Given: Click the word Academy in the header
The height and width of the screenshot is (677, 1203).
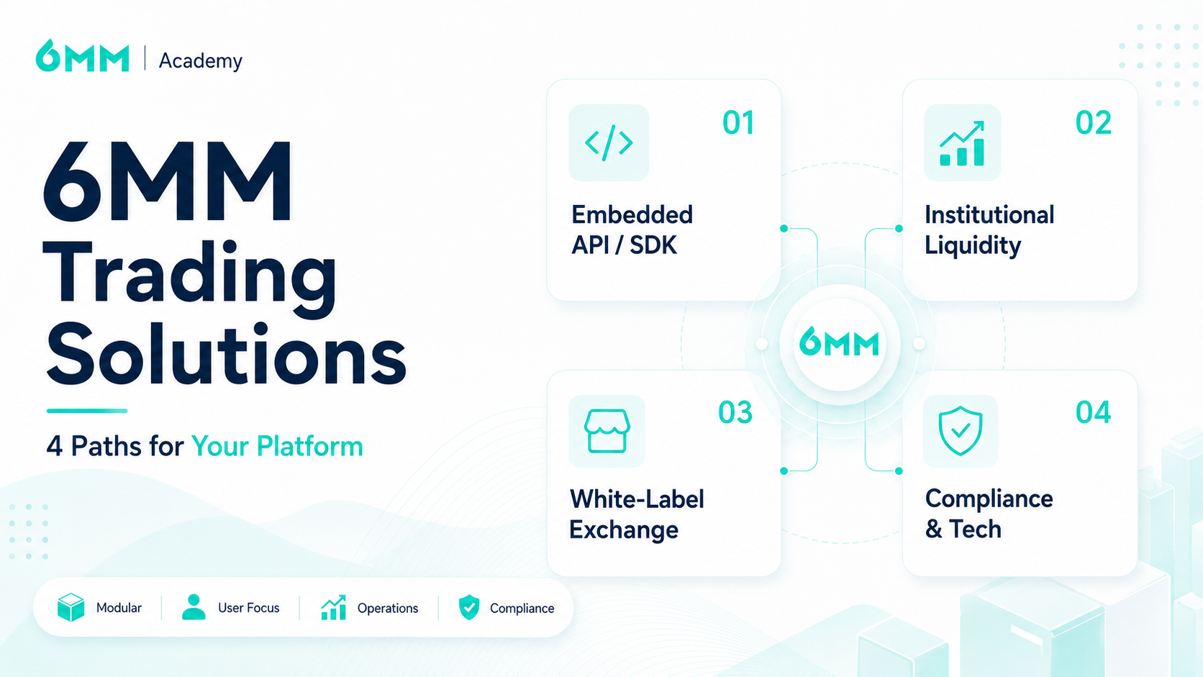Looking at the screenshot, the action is coord(200,60).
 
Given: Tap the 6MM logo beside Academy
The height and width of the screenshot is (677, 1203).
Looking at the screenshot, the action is coord(82,55).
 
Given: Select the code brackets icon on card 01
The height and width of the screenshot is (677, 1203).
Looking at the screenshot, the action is coord(609,142).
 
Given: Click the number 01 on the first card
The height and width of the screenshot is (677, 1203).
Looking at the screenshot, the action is coord(738,122).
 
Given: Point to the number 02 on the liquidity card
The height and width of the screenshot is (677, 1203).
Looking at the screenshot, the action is coord(1093,122).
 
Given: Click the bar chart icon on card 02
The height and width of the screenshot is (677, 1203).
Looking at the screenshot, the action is coord(962,143).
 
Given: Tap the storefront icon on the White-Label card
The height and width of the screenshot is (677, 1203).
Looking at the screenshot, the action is coord(607,431).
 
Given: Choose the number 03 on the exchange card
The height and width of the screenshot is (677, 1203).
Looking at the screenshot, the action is coord(735,412).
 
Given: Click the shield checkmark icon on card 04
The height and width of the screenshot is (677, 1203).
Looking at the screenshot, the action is coord(961,431).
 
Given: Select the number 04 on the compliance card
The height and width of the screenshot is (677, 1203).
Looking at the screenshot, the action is coord(1093,412).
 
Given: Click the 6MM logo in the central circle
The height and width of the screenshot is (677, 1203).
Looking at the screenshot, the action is coord(839,342).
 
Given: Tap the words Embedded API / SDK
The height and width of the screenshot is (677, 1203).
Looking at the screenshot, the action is coord(632,230).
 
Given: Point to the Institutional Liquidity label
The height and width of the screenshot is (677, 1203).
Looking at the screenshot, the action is coord(989,230).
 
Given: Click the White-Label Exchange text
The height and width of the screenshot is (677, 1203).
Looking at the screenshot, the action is coord(637,514).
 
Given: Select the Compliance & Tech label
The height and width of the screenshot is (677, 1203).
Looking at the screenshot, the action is coord(989,514).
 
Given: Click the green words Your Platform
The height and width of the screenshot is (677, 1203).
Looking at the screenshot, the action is coord(277,447).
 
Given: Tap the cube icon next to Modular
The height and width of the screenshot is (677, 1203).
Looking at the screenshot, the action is coord(71,607).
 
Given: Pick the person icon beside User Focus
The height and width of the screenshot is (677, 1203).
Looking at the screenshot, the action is coord(194,607).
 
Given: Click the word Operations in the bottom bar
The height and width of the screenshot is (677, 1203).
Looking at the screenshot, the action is coord(388,608).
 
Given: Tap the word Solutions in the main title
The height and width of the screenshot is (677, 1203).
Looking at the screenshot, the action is coord(226,354).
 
